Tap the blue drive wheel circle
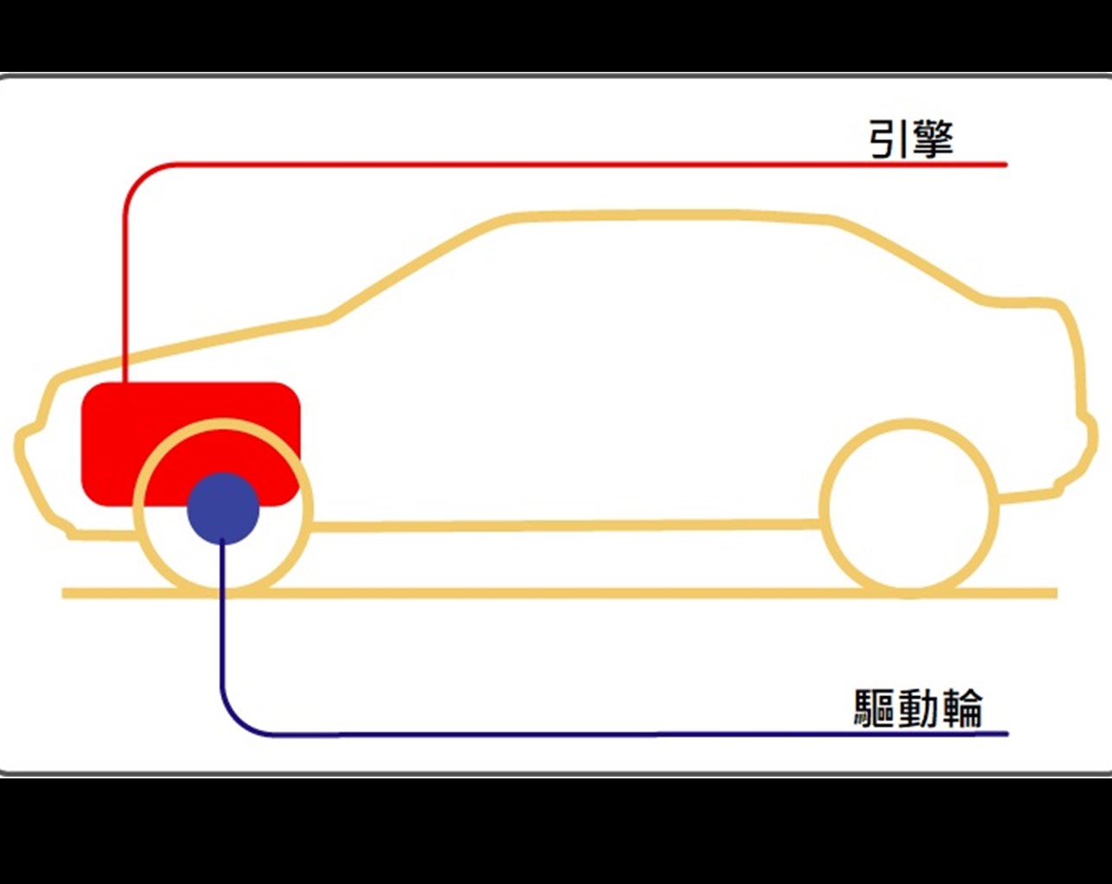pos(223,509)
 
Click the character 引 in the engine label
pos(887,139)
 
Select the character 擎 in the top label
pos(932,139)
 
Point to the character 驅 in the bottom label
pos(874,709)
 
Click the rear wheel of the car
pos(910,509)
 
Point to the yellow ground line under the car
pos(554,593)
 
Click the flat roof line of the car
pos(666,215)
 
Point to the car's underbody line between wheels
pos(562,525)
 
